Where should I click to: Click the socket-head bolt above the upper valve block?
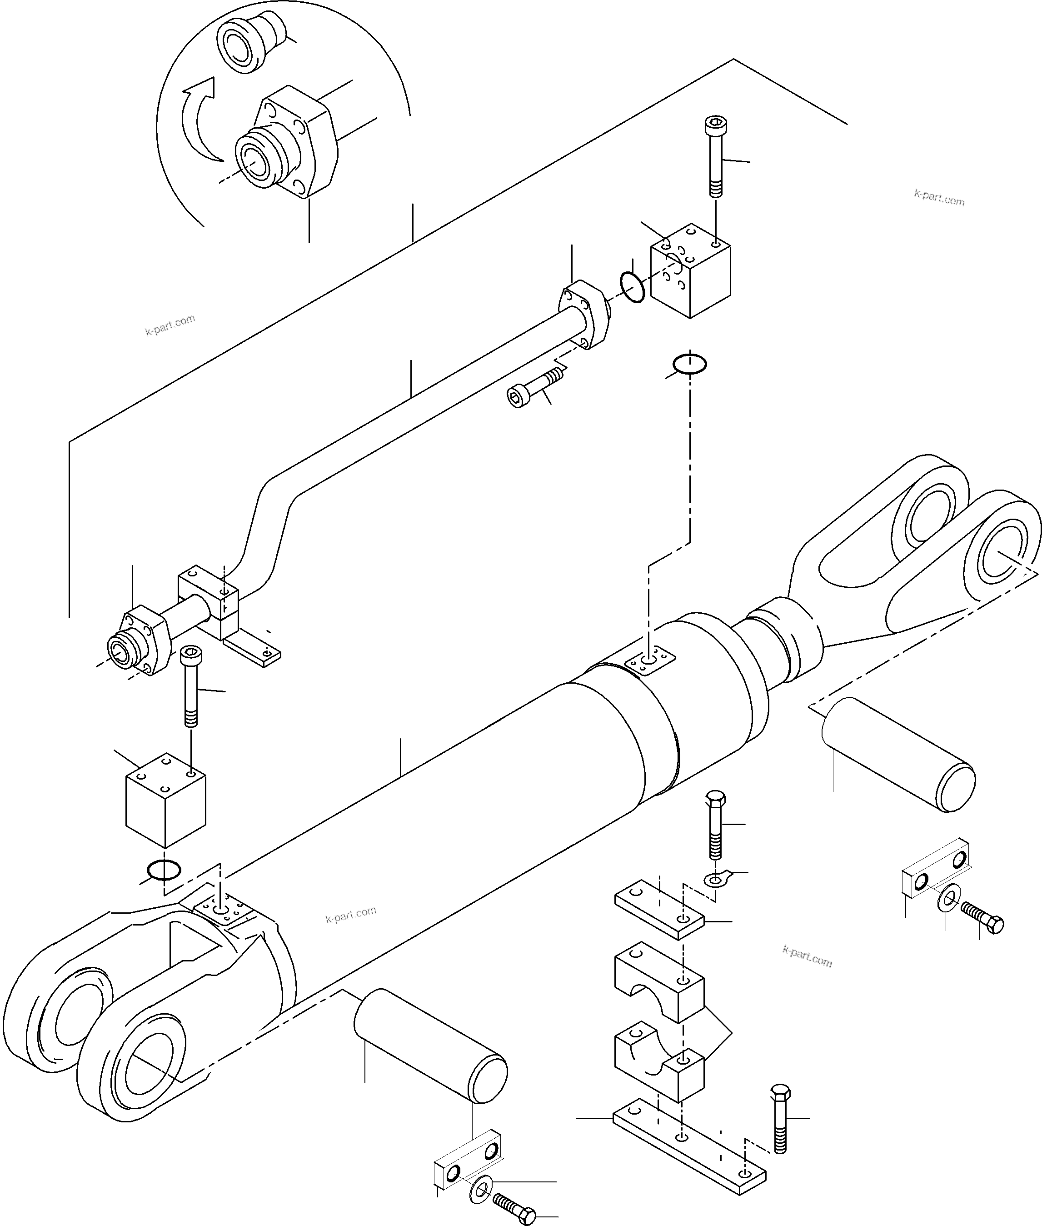(716, 156)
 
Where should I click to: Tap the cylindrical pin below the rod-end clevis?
(898, 755)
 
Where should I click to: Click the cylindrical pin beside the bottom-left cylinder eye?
(430, 1046)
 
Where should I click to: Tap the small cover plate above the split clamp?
(660, 915)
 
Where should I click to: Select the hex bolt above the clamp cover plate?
(715, 826)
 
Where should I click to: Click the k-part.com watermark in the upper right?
(939, 197)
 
